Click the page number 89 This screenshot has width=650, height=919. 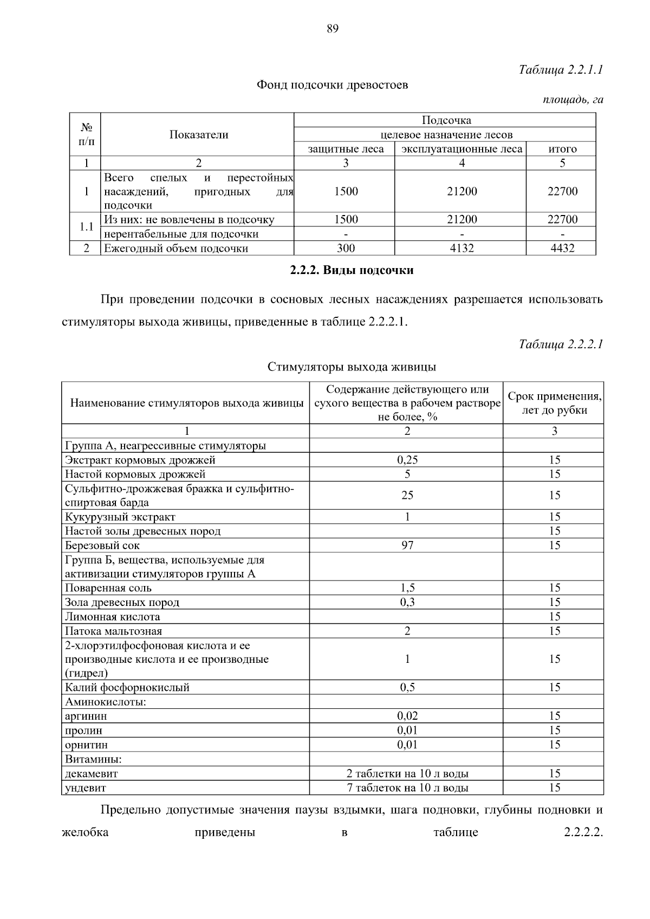click(x=333, y=29)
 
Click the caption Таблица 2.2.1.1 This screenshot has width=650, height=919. click(x=561, y=70)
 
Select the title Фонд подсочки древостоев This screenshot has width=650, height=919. click(x=332, y=85)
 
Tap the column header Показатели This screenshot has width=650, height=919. click(x=199, y=135)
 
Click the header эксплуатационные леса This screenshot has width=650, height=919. click(x=461, y=149)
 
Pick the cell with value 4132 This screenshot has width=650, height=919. click(x=461, y=248)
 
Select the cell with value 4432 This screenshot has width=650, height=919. click(x=562, y=248)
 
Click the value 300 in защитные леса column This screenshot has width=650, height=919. click(x=346, y=248)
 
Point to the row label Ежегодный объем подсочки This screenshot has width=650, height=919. click(x=176, y=248)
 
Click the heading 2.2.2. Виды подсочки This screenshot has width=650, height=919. click(x=352, y=270)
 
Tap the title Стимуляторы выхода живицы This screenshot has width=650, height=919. click(x=352, y=367)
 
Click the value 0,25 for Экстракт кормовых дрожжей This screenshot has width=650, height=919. click(x=407, y=460)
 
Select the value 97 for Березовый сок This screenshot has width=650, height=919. click(x=407, y=545)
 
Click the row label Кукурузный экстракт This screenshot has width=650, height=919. click(x=120, y=517)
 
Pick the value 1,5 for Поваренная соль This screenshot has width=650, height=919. click(x=407, y=588)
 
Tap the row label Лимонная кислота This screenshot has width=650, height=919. click(x=113, y=616)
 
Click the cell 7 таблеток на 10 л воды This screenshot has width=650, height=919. click(x=407, y=787)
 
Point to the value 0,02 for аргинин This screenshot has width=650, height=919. click(x=407, y=716)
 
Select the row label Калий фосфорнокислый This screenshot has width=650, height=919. click(x=127, y=687)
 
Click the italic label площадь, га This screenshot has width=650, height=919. click(x=573, y=100)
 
